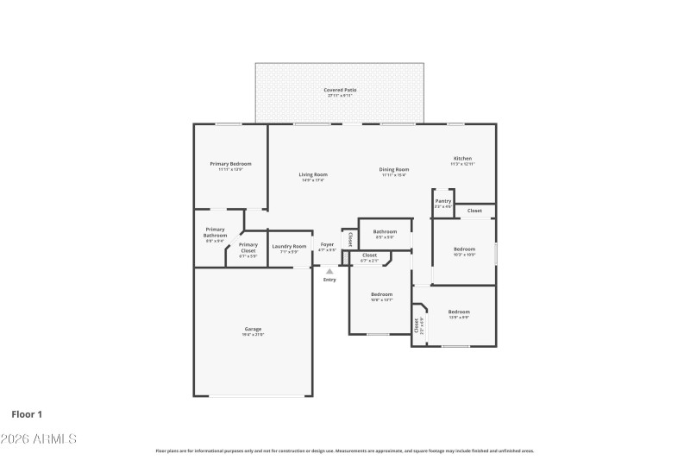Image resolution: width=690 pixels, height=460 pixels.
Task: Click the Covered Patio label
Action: point(340,91)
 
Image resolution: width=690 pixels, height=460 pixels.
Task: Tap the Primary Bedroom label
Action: point(230,164)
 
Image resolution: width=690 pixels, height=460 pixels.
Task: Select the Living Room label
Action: point(313,175)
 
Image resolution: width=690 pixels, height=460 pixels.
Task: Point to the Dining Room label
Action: point(394,170)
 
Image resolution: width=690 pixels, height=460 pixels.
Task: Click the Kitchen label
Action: point(463,159)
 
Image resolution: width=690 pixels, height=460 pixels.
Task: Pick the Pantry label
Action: point(443,202)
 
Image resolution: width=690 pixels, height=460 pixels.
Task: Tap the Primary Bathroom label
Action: point(215,233)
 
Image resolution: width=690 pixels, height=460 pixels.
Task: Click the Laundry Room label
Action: point(289,247)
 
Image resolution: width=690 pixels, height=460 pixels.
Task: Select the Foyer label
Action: point(327,245)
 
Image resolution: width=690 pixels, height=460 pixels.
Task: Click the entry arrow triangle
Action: point(329,272)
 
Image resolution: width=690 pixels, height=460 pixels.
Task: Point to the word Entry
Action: point(329,280)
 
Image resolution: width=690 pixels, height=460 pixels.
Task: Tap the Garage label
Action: point(253,330)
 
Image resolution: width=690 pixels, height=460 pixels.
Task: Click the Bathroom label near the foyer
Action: point(385,231)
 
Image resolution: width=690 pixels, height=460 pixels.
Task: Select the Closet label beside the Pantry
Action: point(474,211)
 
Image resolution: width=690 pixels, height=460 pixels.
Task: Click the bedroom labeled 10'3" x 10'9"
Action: point(464,249)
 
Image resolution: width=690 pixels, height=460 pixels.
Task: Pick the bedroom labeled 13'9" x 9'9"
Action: point(459,312)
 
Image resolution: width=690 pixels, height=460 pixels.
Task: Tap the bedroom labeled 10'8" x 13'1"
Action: point(381,294)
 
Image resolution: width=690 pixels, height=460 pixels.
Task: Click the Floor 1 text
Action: point(27,414)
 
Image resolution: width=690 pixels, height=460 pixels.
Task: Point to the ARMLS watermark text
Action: point(39,439)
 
